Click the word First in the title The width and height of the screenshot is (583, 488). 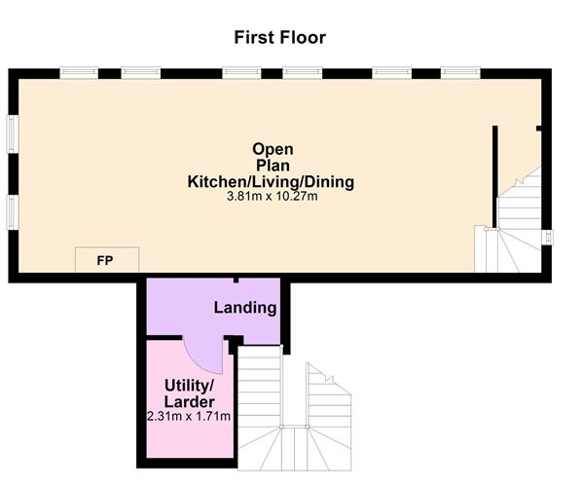point(254,38)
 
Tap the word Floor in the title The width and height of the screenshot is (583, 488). point(302,38)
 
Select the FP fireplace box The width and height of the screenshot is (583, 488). point(107,260)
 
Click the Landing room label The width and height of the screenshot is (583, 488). point(244,308)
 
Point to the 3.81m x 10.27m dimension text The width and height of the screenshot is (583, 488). point(273,196)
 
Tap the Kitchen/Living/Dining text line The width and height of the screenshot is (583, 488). point(271,181)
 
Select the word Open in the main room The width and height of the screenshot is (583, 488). point(273,149)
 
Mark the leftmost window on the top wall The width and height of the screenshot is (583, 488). point(79,70)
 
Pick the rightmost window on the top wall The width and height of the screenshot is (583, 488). point(459,70)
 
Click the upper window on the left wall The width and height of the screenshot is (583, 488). point(13,134)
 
